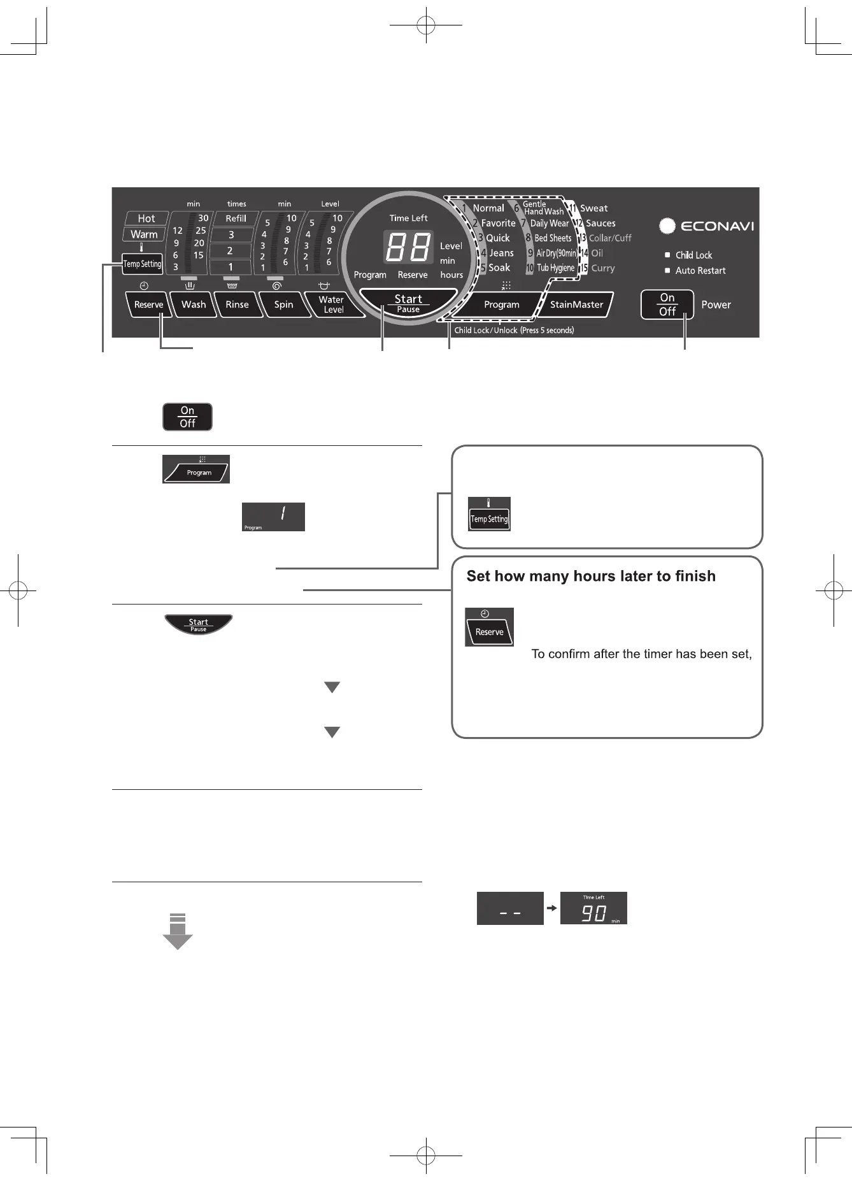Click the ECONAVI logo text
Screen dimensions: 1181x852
[717, 226]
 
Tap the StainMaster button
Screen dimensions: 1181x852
[576, 304]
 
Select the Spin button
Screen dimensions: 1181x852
[283, 304]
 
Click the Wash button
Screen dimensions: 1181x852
[194, 304]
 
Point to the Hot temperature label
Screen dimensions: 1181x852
[146, 218]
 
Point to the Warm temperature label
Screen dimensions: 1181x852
[145, 234]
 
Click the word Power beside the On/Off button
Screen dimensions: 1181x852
[716, 304]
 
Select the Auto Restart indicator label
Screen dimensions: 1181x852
[700, 271]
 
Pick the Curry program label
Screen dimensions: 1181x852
[602, 268]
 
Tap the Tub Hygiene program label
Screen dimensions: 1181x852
[555, 268]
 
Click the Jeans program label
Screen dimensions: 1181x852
[501, 253]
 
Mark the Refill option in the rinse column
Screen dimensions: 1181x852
[236, 218]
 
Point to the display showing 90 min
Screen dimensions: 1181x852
[593, 908]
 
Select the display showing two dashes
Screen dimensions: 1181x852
[510, 908]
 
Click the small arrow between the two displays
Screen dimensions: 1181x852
[552, 908]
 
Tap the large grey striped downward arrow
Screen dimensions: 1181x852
[178, 932]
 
